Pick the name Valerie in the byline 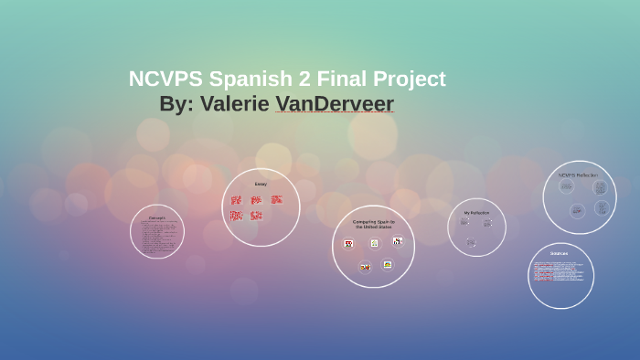(235, 104)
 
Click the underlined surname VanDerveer (335, 104)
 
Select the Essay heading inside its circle (261, 184)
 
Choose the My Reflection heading (476, 213)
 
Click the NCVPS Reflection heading (578, 175)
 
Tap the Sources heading (560, 253)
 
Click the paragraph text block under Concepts (157, 237)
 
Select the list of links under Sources (559, 270)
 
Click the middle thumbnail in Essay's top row (256, 200)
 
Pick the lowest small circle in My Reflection (471, 242)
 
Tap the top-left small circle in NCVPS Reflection (566, 186)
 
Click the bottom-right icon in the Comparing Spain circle (388, 264)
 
